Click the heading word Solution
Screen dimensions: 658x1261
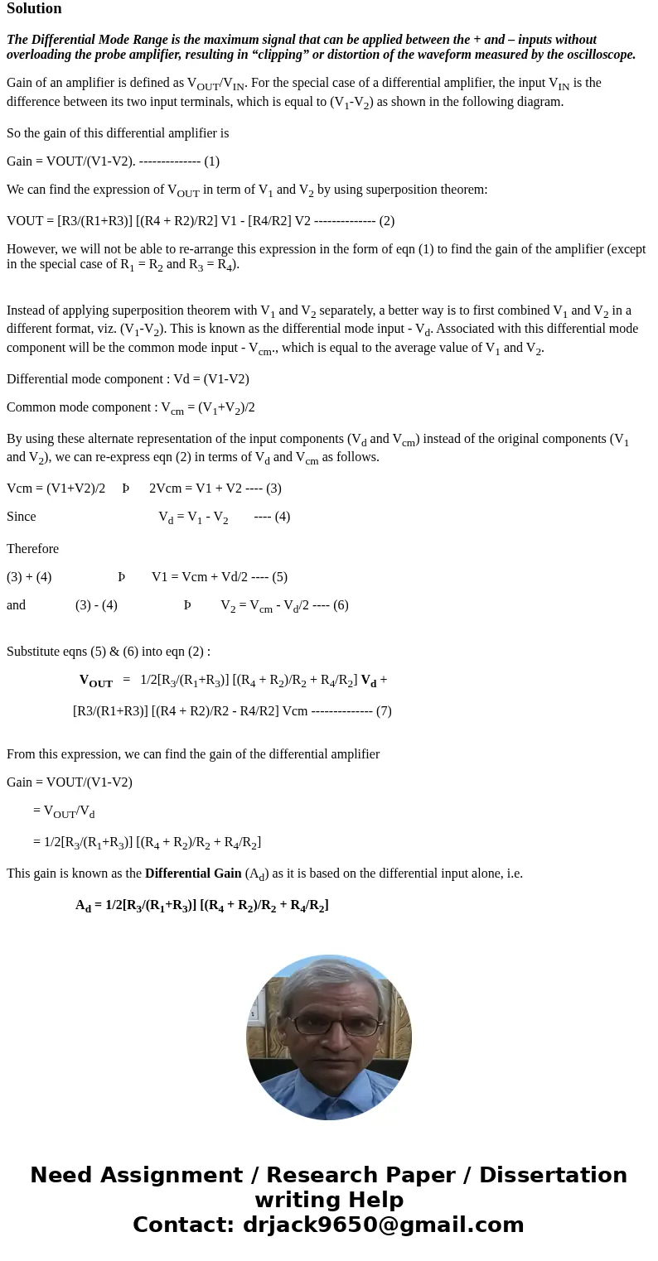tap(34, 9)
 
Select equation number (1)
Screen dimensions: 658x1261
tap(211, 161)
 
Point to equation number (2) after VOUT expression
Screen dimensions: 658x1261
tap(386, 221)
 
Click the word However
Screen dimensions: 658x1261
tap(31, 249)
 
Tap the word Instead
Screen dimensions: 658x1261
tap(27, 310)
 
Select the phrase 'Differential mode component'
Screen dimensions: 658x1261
tap(80, 379)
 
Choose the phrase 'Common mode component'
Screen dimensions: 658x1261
tap(74, 407)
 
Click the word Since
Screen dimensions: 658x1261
tap(22, 517)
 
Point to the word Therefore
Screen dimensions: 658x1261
tap(32, 549)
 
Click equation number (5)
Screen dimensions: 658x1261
tap(279, 577)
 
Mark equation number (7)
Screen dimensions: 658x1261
tap(384, 711)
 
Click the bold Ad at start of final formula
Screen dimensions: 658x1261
tap(83, 906)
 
